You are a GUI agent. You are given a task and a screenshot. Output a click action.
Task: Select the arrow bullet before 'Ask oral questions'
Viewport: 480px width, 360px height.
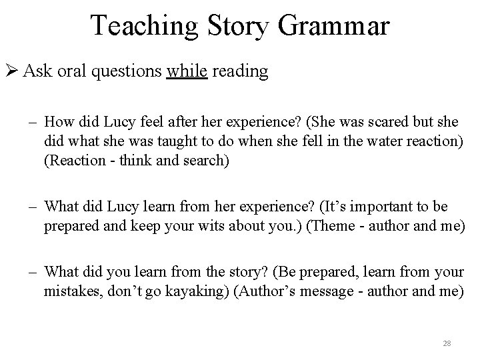[x=11, y=71]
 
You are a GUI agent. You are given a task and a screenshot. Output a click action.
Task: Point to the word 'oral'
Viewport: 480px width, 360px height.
[x=67, y=71]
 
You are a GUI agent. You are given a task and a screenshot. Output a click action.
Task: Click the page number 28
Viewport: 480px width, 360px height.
[x=447, y=343]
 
